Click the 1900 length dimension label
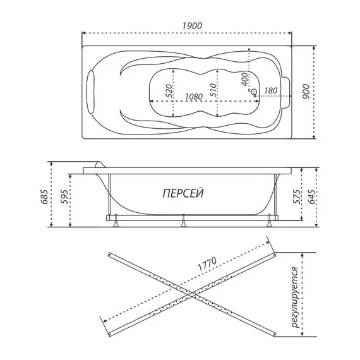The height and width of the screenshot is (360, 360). click(x=192, y=26)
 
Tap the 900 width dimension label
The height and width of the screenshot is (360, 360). click(x=306, y=92)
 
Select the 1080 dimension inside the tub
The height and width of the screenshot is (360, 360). click(x=194, y=97)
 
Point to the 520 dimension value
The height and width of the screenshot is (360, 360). click(x=169, y=91)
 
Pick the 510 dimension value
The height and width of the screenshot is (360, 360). click(x=213, y=90)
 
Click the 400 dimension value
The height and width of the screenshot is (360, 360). click(x=245, y=79)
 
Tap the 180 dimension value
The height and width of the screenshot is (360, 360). click(x=271, y=90)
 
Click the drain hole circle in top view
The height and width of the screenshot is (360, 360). click(x=254, y=92)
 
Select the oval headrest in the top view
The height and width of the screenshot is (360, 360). click(x=91, y=92)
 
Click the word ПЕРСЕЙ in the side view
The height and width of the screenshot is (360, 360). click(x=183, y=193)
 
